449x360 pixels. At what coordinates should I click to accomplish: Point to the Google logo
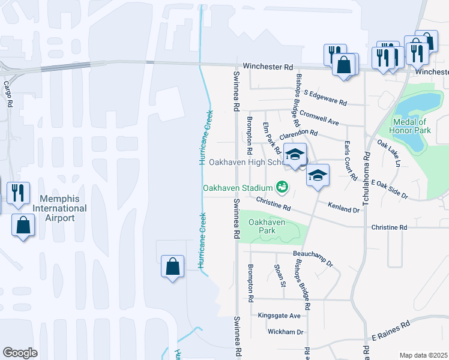(x=20, y=353)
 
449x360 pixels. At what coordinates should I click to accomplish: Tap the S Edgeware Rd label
(x=326, y=97)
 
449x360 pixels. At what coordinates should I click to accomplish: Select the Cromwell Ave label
(x=319, y=118)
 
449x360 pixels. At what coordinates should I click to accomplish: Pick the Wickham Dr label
(x=286, y=332)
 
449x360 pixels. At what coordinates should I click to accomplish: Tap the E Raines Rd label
(x=390, y=331)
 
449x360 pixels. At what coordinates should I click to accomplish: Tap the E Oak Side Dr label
(x=389, y=189)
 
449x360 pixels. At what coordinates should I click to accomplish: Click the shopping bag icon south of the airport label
(x=23, y=225)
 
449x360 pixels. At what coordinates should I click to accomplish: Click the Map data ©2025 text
(x=423, y=355)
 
